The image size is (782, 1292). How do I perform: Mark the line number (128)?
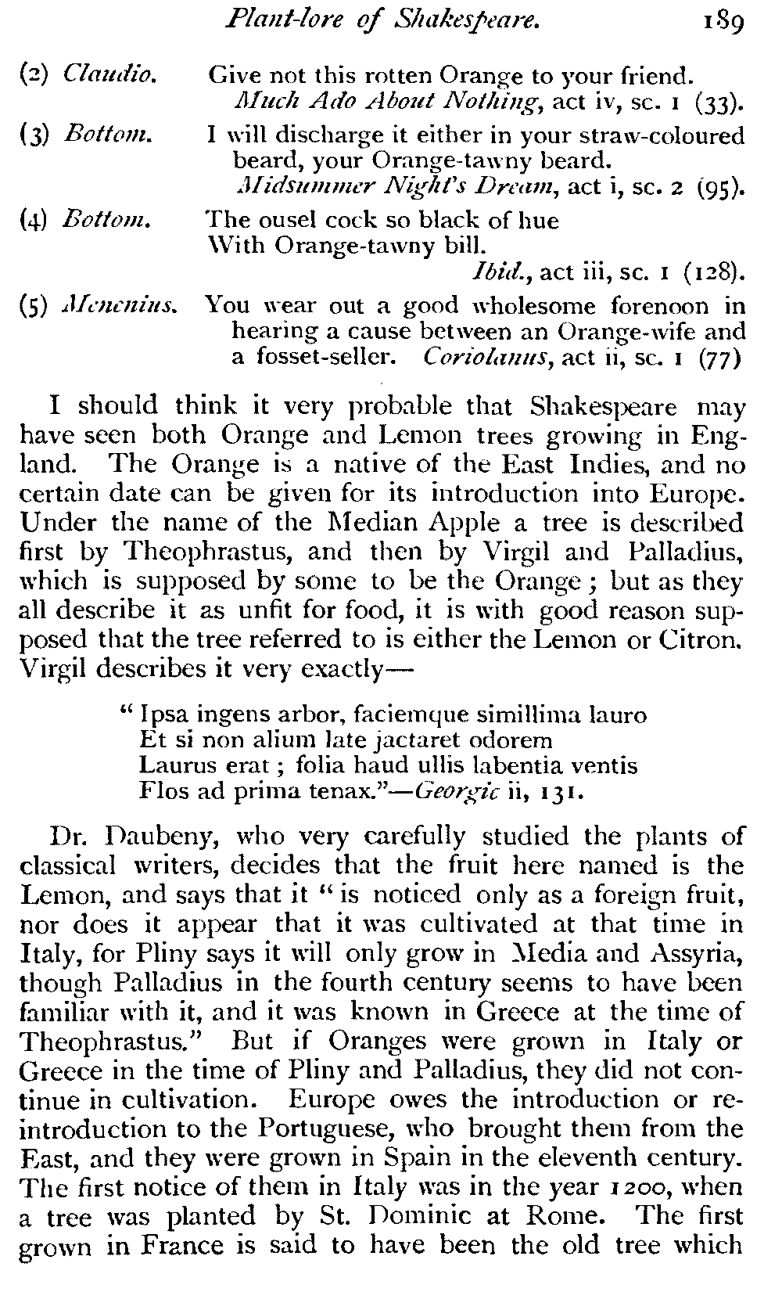[712, 272]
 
